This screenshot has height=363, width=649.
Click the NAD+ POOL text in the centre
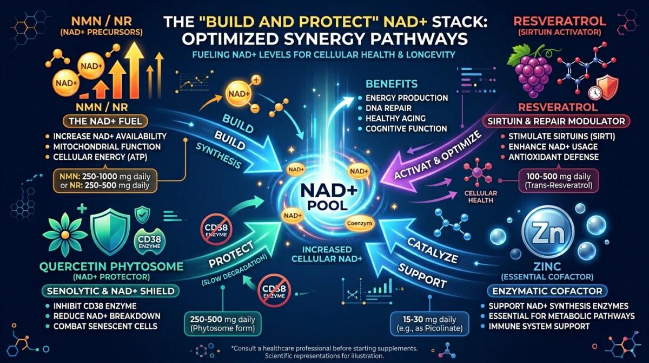coord(329,197)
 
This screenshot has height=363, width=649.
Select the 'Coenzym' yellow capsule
coord(359,224)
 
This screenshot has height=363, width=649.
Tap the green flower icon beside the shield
coord(65,235)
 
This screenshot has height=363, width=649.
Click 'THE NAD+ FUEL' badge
coord(105,121)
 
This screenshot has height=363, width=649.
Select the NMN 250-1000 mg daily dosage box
coord(105,181)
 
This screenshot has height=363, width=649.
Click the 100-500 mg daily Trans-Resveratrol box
coord(558,181)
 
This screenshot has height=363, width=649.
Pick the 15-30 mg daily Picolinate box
coord(429,324)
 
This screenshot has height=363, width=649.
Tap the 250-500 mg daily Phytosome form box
coord(222,324)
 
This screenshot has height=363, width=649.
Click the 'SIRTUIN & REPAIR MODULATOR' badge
coord(556,121)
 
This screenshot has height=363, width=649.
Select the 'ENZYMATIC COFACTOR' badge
coord(547,291)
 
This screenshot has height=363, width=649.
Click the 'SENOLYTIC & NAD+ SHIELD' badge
coord(111,291)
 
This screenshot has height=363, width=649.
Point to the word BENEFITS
coord(392,84)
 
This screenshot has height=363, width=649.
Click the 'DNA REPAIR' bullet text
coord(388,108)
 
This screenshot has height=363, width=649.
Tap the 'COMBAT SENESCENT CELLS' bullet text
coord(105,326)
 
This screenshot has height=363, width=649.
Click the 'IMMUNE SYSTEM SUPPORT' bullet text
coord(539,326)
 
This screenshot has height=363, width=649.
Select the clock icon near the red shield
coord(595,93)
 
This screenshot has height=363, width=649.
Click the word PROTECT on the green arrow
coord(231,255)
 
